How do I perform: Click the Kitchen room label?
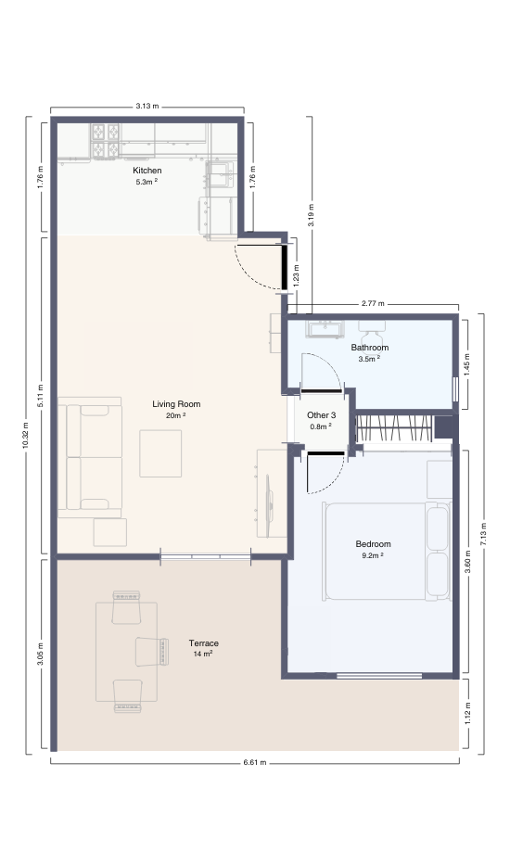point(147,171)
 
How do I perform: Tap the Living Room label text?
point(176,404)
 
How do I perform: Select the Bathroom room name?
point(369,348)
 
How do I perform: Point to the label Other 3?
point(321,415)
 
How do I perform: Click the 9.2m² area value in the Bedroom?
point(373,555)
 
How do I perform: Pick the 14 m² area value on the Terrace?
point(203,654)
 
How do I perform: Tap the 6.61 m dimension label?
point(254,762)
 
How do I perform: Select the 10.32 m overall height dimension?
point(26,434)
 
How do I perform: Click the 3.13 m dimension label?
point(147,107)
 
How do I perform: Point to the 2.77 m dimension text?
point(373,303)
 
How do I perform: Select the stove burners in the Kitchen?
point(105,138)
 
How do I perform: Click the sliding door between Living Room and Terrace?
point(205,556)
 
